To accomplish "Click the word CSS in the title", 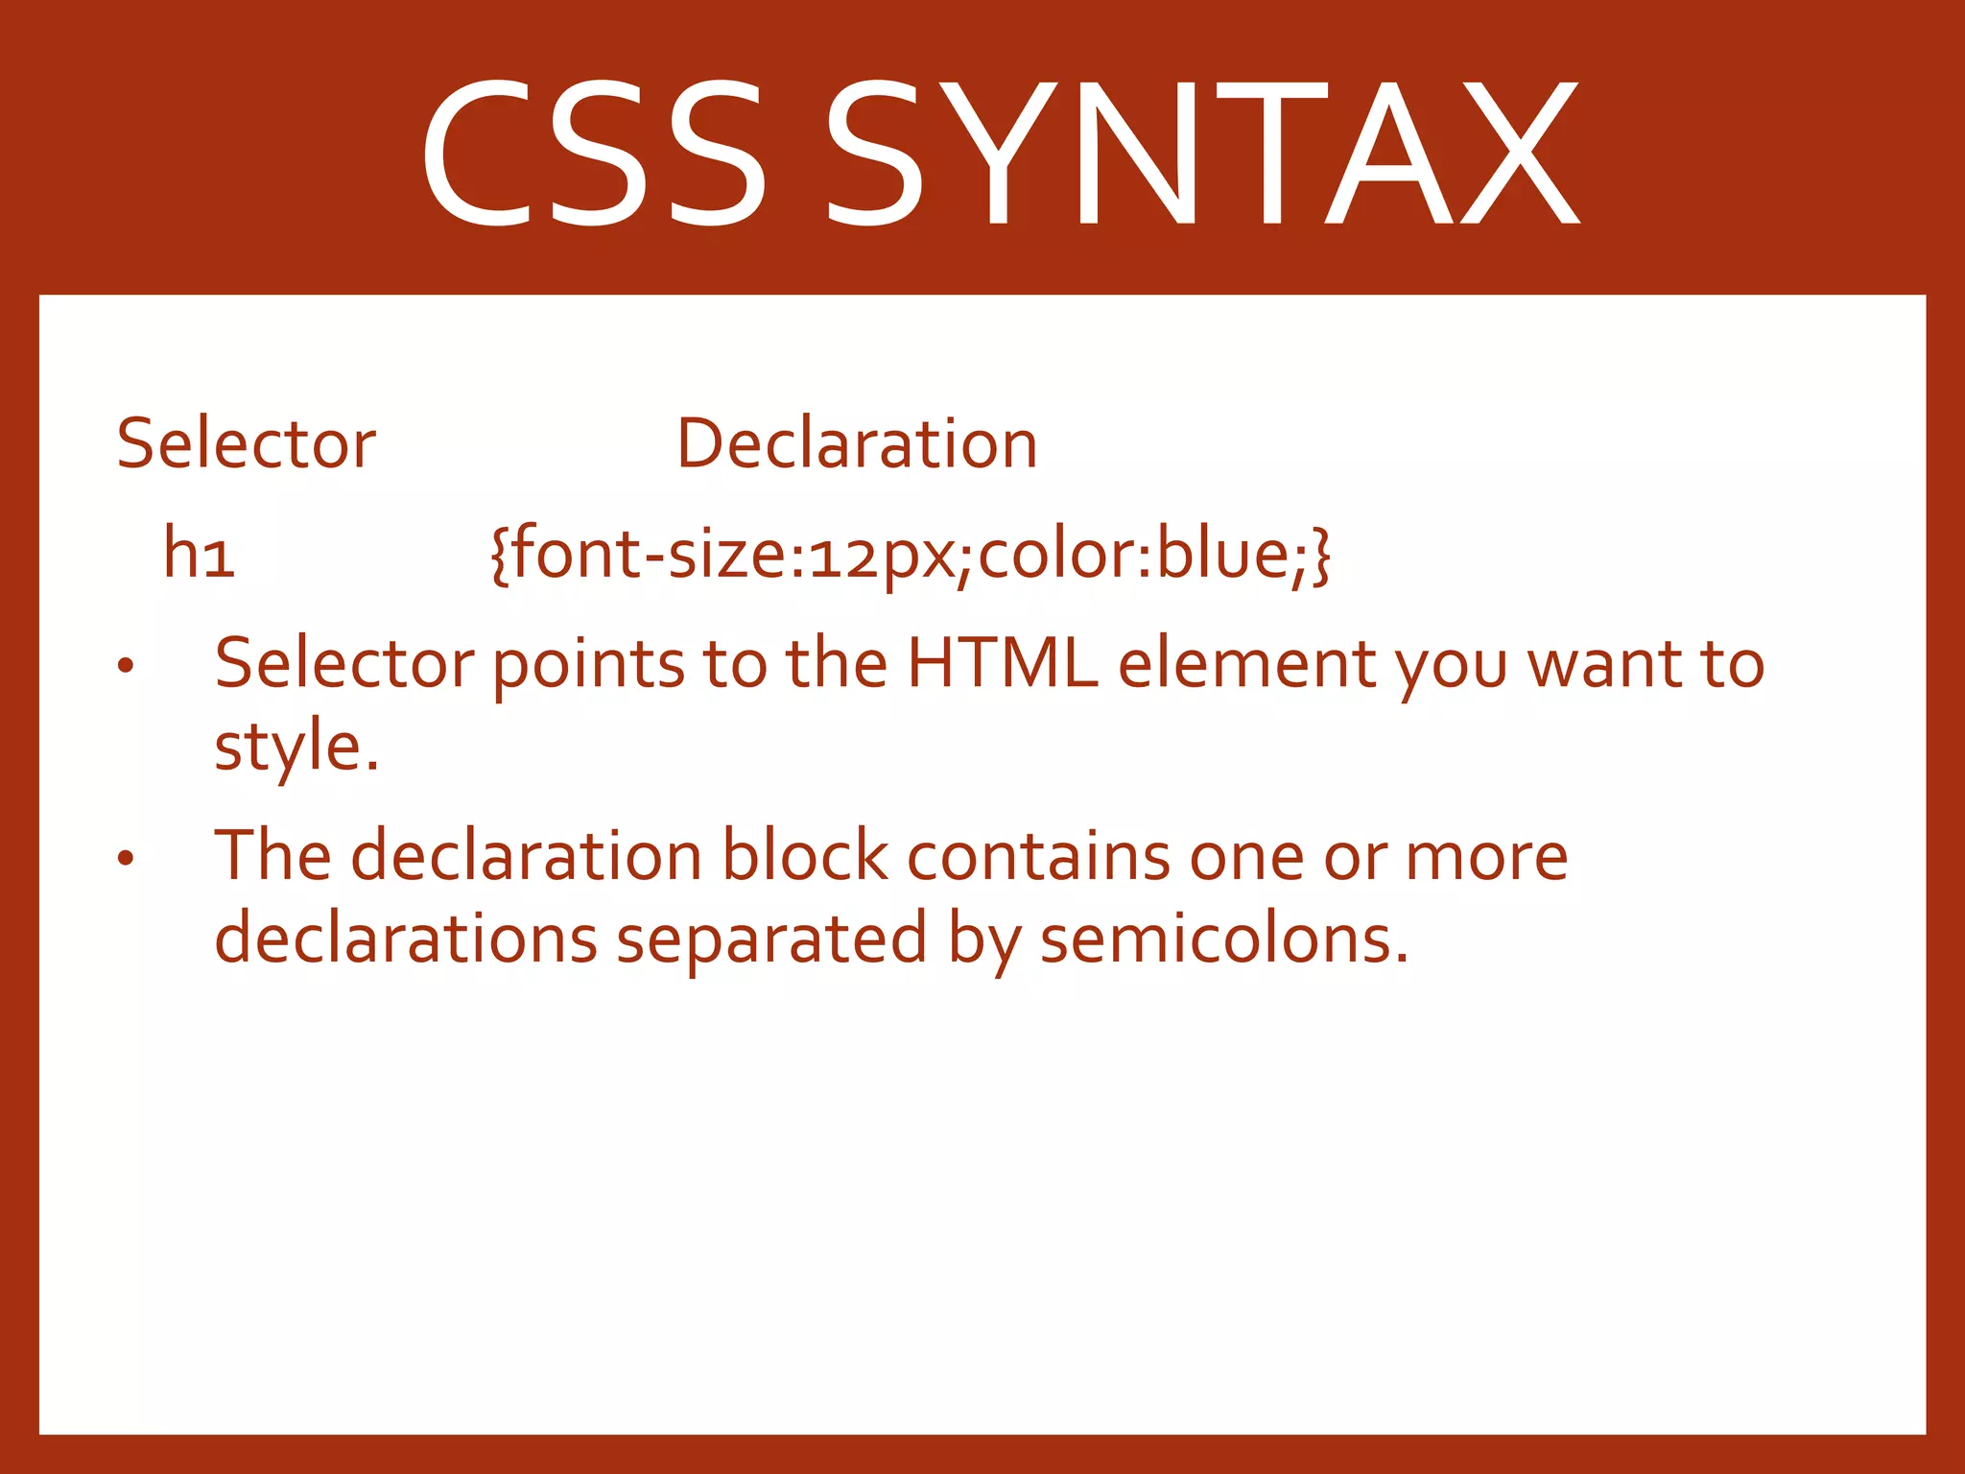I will pos(593,154).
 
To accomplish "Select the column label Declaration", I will pos(857,444).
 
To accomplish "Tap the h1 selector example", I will pos(199,554).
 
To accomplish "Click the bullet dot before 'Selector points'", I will pos(125,666).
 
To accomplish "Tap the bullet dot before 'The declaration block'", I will pos(125,858).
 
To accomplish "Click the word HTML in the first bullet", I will pos(1003,663).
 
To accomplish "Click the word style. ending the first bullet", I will pos(296,748).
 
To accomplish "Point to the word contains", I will pos(1038,855).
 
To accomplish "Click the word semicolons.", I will pos(1224,939).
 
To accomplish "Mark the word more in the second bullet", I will pos(1486,857).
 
